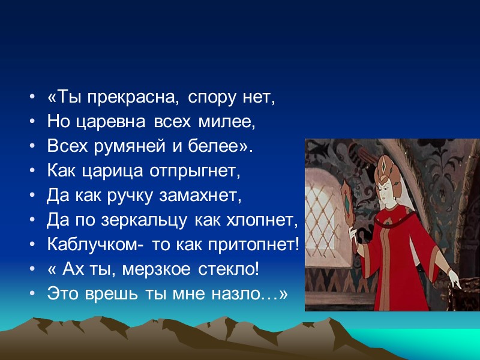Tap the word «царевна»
pyautogui.click(x=110, y=122)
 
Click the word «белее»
pyautogui.click(x=224, y=147)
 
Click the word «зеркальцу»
pyautogui.click(x=140, y=221)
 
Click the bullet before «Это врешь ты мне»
pyautogui.click(x=31, y=295)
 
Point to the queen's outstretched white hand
pyautogui.click(x=453, y=278)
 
